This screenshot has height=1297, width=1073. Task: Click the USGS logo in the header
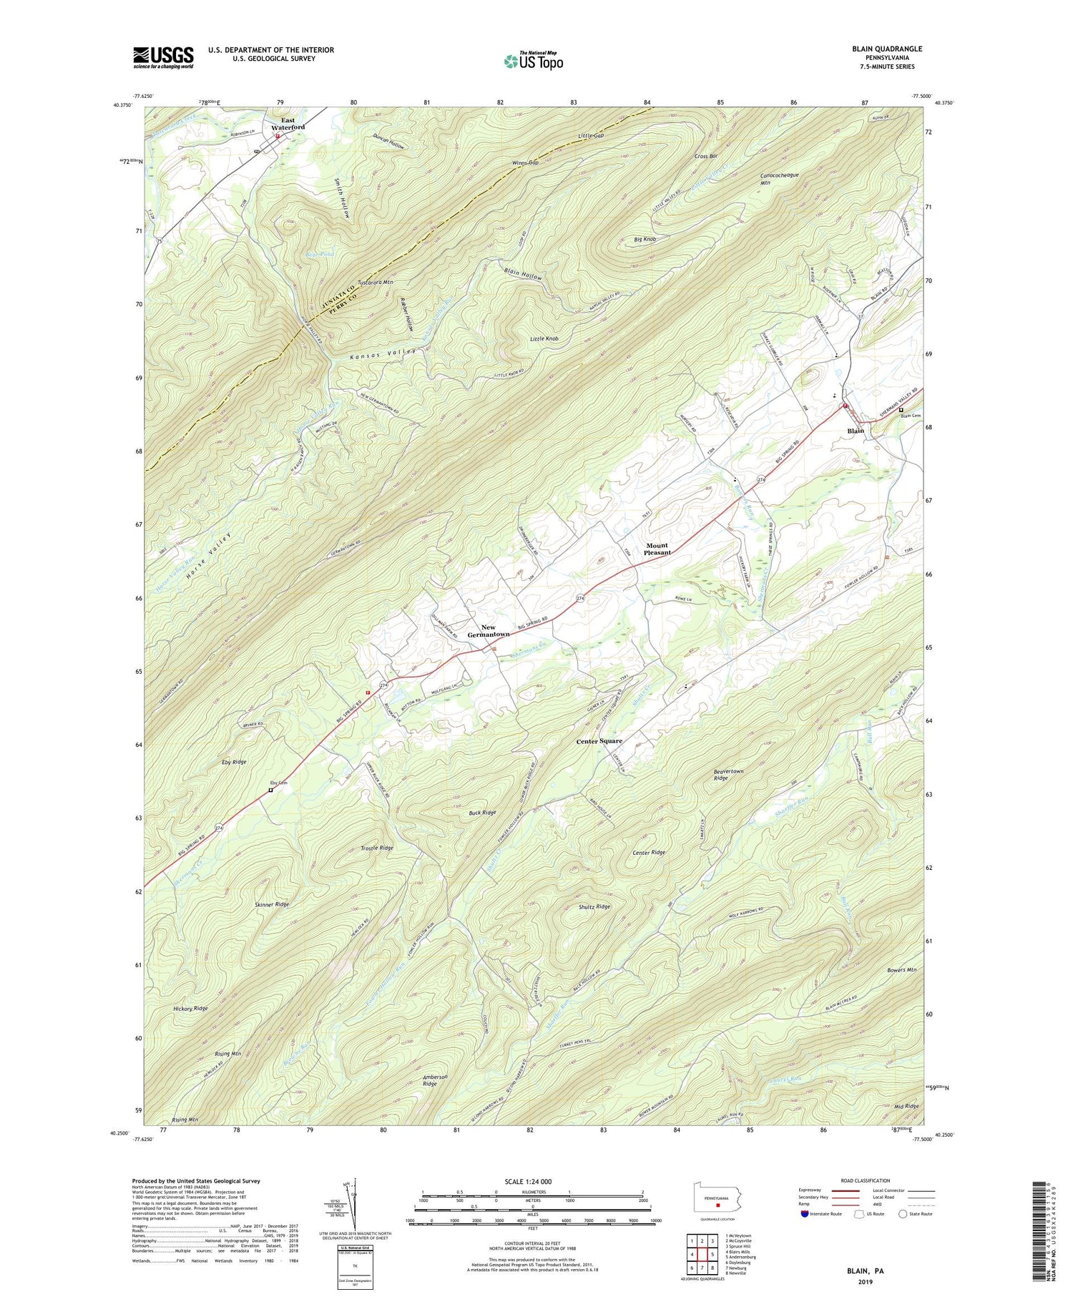[x=163, y=57]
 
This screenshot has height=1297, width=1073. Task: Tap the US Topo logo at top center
[x=533, y=61]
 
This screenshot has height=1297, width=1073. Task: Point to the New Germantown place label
[x=489, y=631]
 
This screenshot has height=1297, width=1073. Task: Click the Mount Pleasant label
[x=657, y=549]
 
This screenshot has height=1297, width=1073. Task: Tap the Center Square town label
[x=599, y=741]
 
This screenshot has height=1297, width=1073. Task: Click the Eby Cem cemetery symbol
[x=271, y=791]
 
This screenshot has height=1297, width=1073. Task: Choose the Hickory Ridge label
[x=190, y=1008]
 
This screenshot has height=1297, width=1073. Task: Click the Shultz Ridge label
[x=594, y=906]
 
